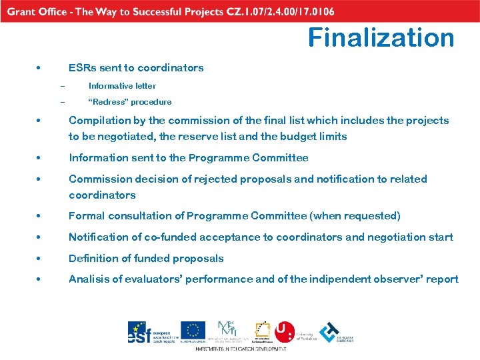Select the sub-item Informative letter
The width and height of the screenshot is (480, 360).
(122, 85)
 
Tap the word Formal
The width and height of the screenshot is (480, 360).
(85, 216)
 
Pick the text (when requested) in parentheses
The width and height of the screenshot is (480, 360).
(362, 216)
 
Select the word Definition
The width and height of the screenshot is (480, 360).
(93, 259)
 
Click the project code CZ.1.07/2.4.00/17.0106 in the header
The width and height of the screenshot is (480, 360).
(278, 12)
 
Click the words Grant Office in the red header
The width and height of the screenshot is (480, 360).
(37, 12)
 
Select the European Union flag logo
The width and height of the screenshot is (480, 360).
(193, 331)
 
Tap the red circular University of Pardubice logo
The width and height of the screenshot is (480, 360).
(285, 331)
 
